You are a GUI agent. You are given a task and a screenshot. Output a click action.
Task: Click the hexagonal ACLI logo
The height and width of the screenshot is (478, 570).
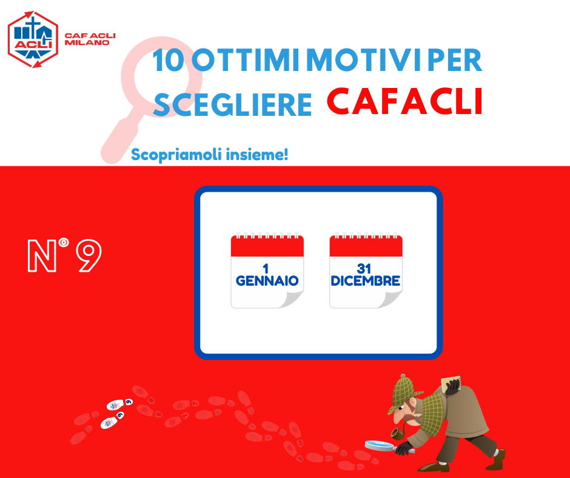pos(33,39)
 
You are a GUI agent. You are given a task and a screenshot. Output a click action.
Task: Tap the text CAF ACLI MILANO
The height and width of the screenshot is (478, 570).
pos(90,39)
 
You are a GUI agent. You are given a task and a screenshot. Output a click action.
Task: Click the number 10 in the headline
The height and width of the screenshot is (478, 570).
pos(168,60)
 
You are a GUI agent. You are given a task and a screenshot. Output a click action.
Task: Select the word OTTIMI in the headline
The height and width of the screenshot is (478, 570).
pos(245,60)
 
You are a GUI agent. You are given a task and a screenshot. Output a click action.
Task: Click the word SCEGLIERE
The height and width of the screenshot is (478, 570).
pos(232,104)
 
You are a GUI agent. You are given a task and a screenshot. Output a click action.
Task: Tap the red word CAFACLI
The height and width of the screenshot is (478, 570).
pos(404,101)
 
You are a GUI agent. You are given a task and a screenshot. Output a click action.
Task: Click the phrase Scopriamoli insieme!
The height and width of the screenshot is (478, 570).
pos(209,155)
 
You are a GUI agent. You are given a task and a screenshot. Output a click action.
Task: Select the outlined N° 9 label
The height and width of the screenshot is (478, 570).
pos(64,255)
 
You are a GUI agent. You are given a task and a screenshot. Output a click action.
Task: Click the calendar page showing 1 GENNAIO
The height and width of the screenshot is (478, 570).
pos(267,271)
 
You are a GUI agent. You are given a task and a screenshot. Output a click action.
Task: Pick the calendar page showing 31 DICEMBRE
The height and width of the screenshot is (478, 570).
pos(366,271)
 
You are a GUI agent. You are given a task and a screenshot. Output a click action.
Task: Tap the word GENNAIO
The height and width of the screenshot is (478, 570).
pos(267,280)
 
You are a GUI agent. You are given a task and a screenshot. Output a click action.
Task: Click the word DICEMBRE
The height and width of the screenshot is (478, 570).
pos(366,280)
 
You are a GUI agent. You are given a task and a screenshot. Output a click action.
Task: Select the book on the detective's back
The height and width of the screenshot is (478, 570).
pos(451,383)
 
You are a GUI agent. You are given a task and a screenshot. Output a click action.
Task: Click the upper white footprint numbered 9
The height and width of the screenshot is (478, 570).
pos(119,404)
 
